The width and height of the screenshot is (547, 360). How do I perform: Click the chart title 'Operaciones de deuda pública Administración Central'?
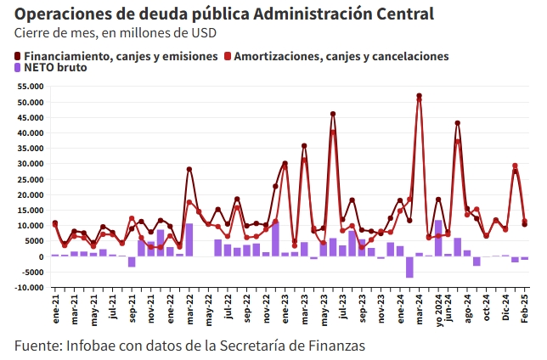(224, 14)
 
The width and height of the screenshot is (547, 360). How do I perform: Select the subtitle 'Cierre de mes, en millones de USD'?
(115, 33)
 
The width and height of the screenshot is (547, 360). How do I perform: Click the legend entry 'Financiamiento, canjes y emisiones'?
(115, 55)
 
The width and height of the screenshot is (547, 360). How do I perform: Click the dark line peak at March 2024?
(419, 96)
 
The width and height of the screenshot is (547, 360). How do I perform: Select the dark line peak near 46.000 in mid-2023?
(333, 114)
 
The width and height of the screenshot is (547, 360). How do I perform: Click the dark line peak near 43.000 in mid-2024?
(458, 123)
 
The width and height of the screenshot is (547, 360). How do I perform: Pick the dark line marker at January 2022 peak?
(189, 169)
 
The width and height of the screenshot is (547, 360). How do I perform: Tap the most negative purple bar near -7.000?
(409, 267)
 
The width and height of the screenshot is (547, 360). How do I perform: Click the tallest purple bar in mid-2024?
(438, 238)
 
